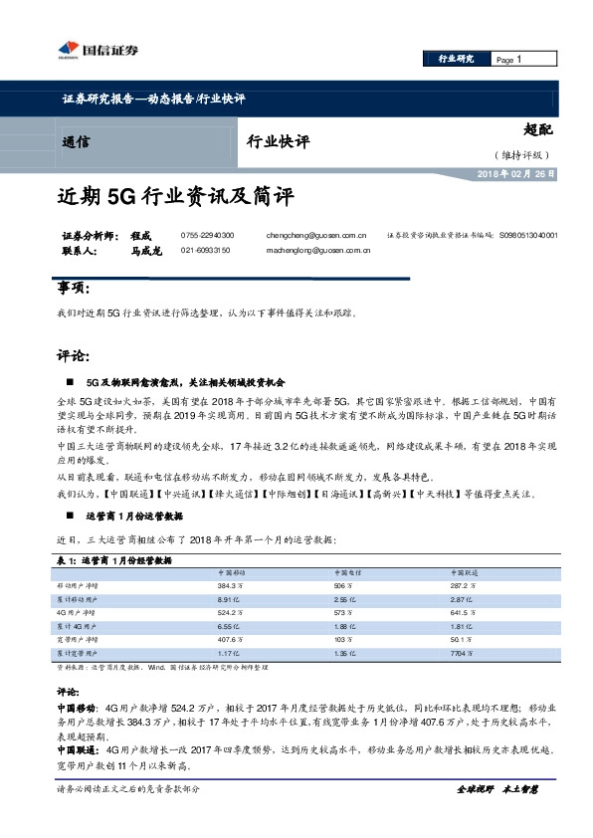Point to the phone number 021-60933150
(206, 251)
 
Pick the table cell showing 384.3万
(231, 587)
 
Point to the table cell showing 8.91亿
(229, 601)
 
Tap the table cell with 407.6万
(231, 641)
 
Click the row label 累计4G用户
(75, 628)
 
